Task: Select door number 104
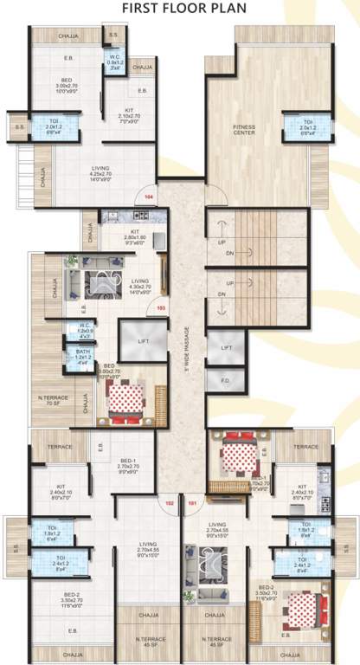pyautogui.click(x=149, y=197)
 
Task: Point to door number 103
pyautogui.click(x=160, y=307)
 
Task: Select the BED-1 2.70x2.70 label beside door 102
pyautogui.click(x=128, y=466)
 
